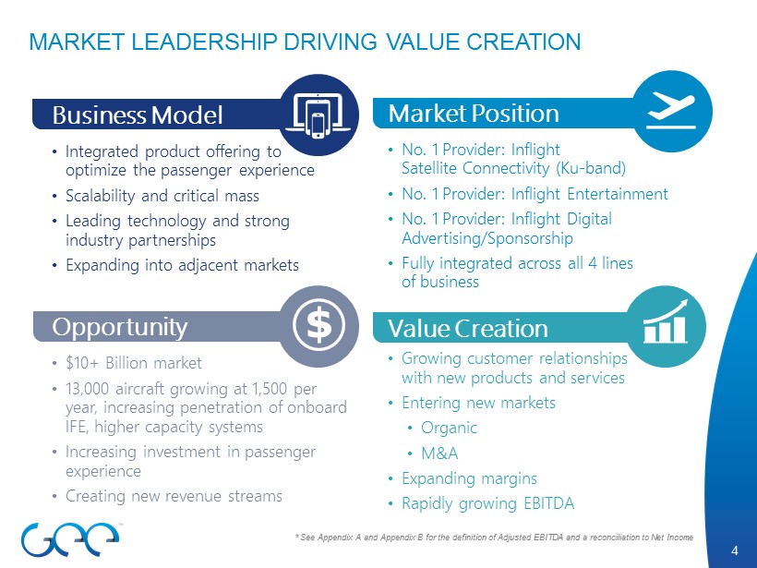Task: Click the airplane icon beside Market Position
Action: tap(671, 112)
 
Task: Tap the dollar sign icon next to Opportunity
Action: tap(318, 324)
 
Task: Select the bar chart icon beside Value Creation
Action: tap(667, 321)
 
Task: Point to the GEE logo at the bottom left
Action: tap(70, 539)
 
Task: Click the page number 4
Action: tap(735, 550)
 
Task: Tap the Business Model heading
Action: tap(138, 115)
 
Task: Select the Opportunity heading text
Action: tap(119, 327)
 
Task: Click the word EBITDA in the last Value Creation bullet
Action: tap(549, 503)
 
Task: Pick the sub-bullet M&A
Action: tap(439, 453)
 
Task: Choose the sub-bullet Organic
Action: tap(449, 428)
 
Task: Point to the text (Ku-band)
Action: tap(591, 168)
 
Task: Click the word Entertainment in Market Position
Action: tap(618, 194)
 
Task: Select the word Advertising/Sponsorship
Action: tap(487, 238)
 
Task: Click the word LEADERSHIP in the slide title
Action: tap(201, 42)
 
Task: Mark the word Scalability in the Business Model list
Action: tap(100, 196)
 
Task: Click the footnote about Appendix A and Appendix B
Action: tap(494, 538)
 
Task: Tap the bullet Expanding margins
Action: tap(469, 478)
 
